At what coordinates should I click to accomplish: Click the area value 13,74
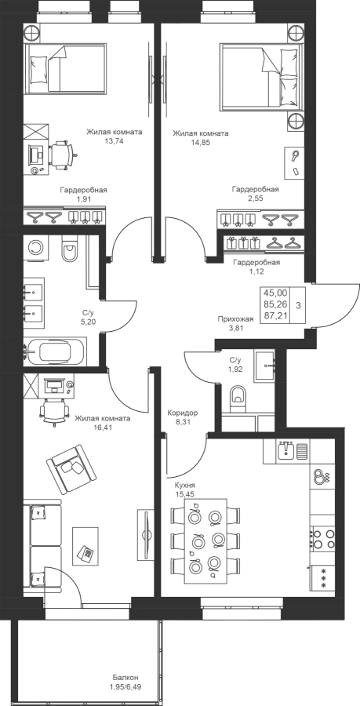tap(115, 140)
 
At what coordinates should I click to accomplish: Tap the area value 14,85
tap(201, 142)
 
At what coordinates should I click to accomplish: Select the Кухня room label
tap(185, 486)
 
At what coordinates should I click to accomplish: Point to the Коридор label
tap(182, 413)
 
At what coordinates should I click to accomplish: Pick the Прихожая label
tap(235, 319)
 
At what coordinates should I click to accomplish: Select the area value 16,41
tap(103, 427)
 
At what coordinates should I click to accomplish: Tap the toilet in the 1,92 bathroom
tap(238, 397)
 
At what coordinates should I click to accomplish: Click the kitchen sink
tap(286, 451)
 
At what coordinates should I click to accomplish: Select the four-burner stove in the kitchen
tap(322, 539)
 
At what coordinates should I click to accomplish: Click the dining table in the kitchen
tap(205, 541)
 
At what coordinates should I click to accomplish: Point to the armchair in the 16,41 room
tap(72, 469)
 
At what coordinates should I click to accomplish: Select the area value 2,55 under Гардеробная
tap(256, 198)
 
